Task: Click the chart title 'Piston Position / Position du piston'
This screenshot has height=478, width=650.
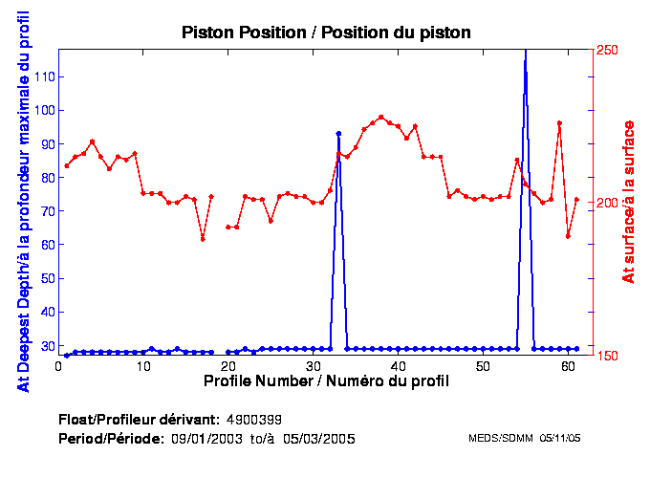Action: pos(326,33)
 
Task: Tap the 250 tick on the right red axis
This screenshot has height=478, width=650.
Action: pos(608,50)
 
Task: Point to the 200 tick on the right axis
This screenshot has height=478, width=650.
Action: pos(608,203)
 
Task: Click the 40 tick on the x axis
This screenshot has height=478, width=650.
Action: pos(398,366)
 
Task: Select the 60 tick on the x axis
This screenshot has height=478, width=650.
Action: pos(568,366)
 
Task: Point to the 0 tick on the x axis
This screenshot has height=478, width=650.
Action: pos(58,366)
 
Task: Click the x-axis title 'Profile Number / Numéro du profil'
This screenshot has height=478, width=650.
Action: pos(326,380)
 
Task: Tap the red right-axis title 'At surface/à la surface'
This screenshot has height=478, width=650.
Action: pos(628,202)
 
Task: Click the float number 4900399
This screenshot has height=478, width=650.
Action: pos(253,420)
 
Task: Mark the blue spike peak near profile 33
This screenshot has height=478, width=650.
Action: pos(338,134)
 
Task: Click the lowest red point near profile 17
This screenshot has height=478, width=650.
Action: pos(203,238)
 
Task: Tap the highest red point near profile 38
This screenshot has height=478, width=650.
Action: pos(381,117)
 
